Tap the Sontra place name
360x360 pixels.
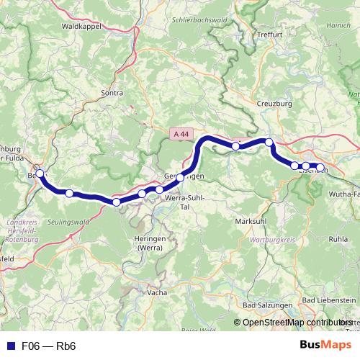pyautogui.click(x=112, y=93)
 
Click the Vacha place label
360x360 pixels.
pyautogui.click(x=156, y=293)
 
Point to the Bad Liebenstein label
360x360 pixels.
pyautogui.click(x=329, y=299)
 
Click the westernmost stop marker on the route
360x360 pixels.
pyautogui.click(x=40, y=174)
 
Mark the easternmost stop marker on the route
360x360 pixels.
pyautogui.click(x=320, y=168)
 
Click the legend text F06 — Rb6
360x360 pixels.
pyautogui.click(x=49, y=346)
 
